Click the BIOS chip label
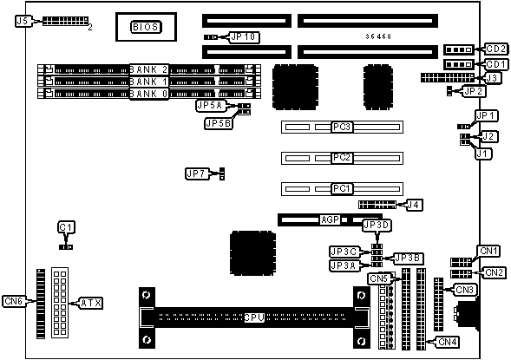click(x=146, y=27)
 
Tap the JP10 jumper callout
click(x=245, y=36)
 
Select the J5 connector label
click(x=23, y=21)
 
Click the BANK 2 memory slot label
click(x=149, y=69)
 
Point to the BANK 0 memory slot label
click(x=149, y=94)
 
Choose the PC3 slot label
click(x=342, y=127)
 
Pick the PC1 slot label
click(x=342, y=188)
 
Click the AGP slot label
click(x=331, y=219)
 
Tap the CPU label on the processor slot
click(x=254, y=317)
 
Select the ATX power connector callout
click(x=91, y=304)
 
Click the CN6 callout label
click(x=14, y=301)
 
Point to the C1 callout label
click(x=67, y=227)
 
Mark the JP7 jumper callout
click(x=196, y=174)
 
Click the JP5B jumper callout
click(x=219, y=123)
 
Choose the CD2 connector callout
click(x=496, y=49)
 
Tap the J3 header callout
click(x=492, y=78)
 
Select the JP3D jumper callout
click(x=377, y=226)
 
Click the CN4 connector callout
click(x=448, y=342)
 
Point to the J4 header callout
click(x=414, y=205)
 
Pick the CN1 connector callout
click(x=488, y=251)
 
